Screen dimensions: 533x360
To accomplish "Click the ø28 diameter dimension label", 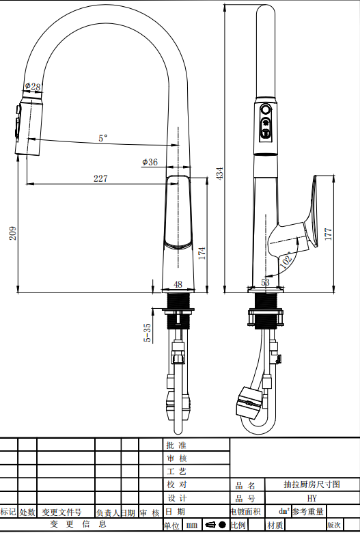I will click(x=33, y=87).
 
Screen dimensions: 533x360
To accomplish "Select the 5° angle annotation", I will click(x=102, y=137).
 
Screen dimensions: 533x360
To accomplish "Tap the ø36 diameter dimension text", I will click(x=150, y=162).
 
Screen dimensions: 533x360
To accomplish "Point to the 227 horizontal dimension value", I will click(x=100, y=178).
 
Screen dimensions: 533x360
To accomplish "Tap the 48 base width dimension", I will click(x=178, y=284).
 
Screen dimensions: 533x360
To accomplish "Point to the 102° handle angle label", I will click(x=286, y=258).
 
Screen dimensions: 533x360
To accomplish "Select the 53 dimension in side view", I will click(x=266, y=282).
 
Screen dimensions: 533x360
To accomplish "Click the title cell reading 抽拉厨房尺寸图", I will click(x=311, y=484).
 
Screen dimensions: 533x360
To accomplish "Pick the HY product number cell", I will click(x=311, y=498).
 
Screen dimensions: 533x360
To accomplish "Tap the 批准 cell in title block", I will click(x=176, y=445).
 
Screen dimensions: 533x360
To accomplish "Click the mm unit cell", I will click(x=191, y=525).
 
